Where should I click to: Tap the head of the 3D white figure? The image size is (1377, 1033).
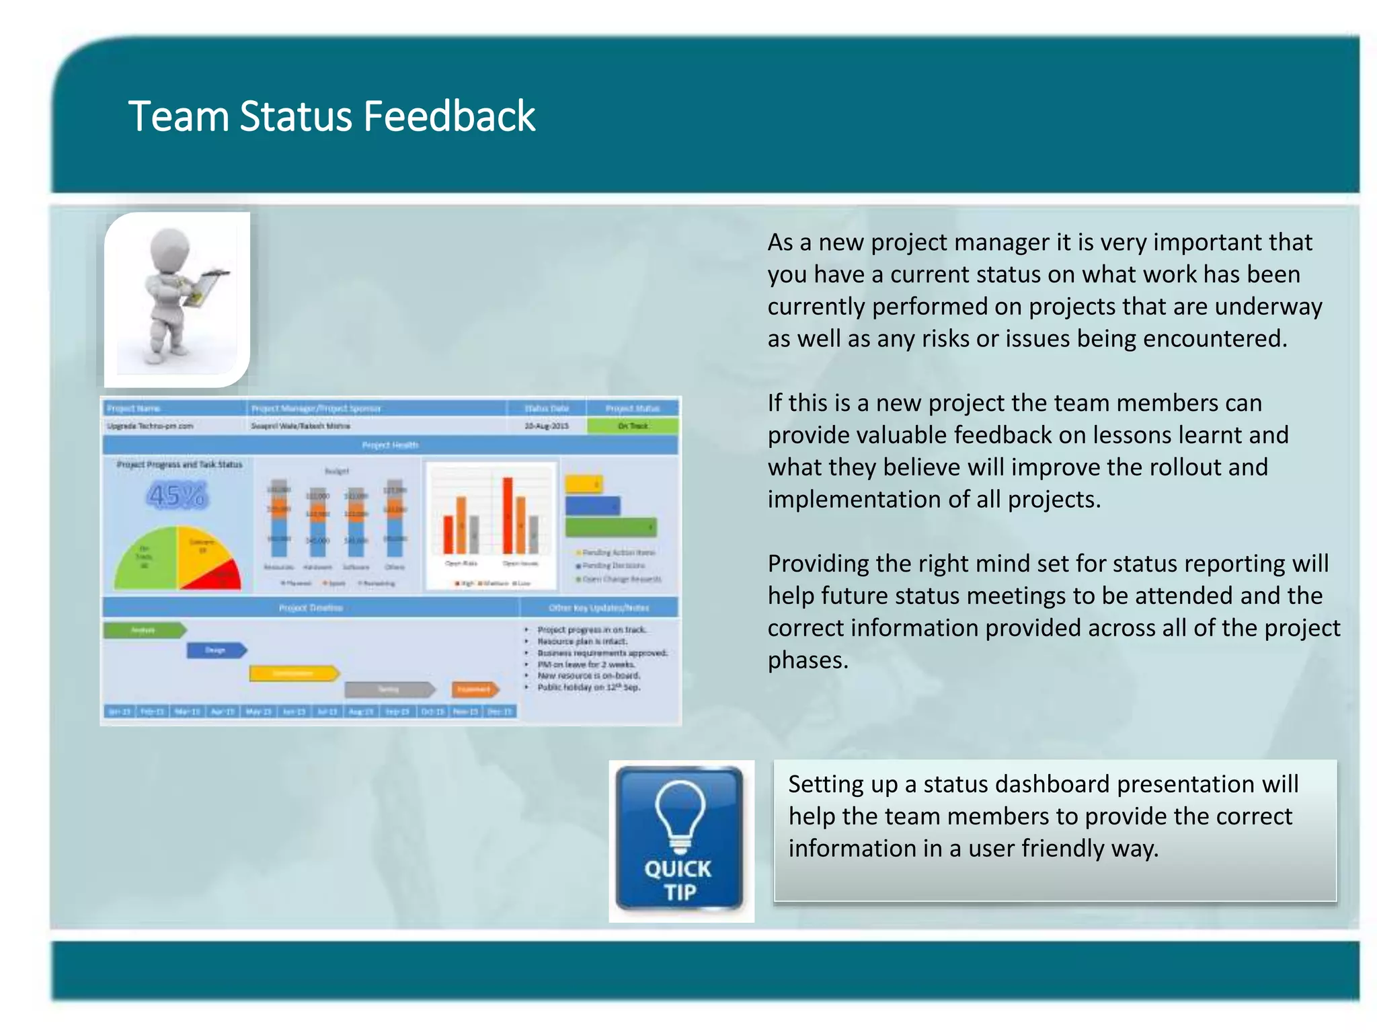tap(169, 249)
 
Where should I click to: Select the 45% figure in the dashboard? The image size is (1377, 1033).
tap(177, 496)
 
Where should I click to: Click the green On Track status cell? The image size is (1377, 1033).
tap(633, 426)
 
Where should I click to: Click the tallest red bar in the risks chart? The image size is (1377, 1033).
tap(508, 514)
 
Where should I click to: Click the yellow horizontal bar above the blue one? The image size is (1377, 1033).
tap(583, 484)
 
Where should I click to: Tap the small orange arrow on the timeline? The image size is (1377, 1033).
tap(475, 689)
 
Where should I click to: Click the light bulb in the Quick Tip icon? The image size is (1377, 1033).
tap(680, 814)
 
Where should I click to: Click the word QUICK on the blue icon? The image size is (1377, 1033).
tap(678, 869)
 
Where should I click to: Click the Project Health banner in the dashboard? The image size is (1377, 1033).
tap(390, 445)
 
